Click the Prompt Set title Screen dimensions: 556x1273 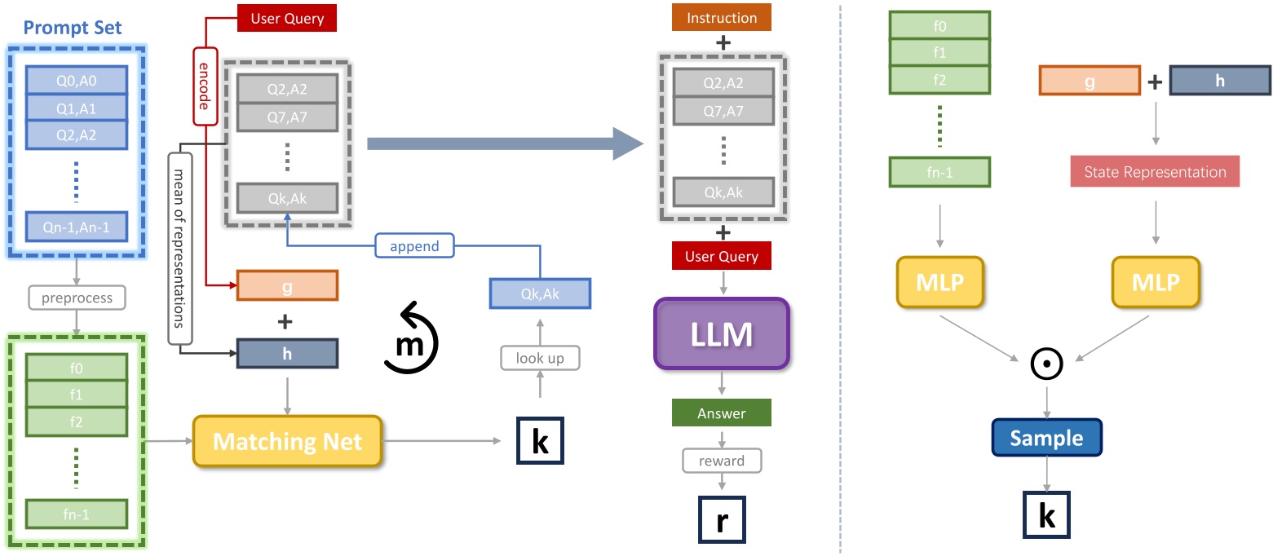coord(73,28)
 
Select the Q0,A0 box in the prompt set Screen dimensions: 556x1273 coord(76,80)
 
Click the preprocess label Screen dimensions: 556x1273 coord(76,298)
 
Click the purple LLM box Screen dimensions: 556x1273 coord(722,334)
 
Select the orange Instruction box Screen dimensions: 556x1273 coord(722,18)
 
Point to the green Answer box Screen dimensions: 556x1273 coord(722,413)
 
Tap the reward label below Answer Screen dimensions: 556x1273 coord(722,461)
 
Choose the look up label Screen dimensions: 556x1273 coord(539,358)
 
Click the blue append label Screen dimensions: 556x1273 coord(414,245)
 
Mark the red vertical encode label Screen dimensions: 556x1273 coord(205,86)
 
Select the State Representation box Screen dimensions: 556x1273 coord(1154,172)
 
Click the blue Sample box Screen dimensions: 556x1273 coord(1046,438)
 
